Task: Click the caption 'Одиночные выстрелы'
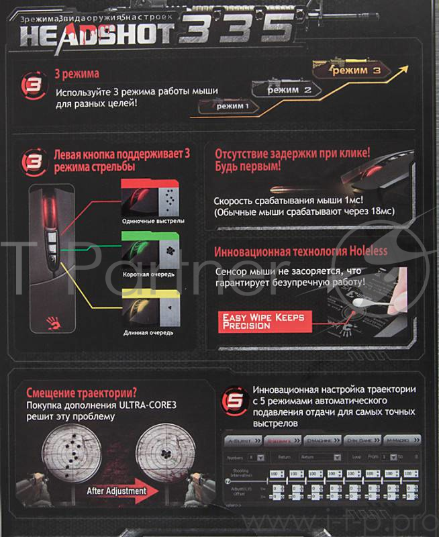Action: coord(153,221)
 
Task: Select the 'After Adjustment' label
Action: coord(116,491)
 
